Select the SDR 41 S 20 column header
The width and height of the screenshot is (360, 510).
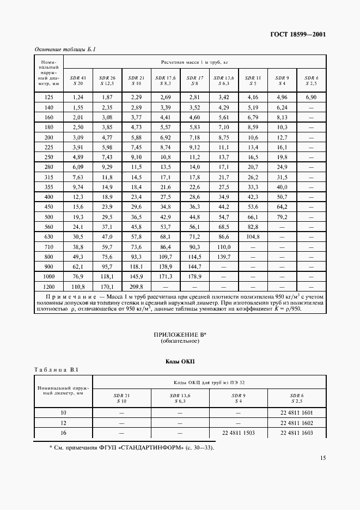pyautogui.click(x=76, y=81)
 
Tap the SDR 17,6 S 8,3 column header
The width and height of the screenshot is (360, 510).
pyautogui.click(x=165, y=81)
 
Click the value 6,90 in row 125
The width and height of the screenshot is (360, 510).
pyautogui.click(x=311, y=96)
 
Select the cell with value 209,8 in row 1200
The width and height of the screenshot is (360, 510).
pyautogui.click(x=136, y=286)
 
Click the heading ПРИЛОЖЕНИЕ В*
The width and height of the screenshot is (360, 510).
pyautogui.click(x=180, y=335)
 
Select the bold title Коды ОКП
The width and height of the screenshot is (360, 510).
pyautogui.click(x=180, y=362)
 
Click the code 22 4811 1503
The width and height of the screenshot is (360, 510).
pyautogui.click(x=239, y=433)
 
